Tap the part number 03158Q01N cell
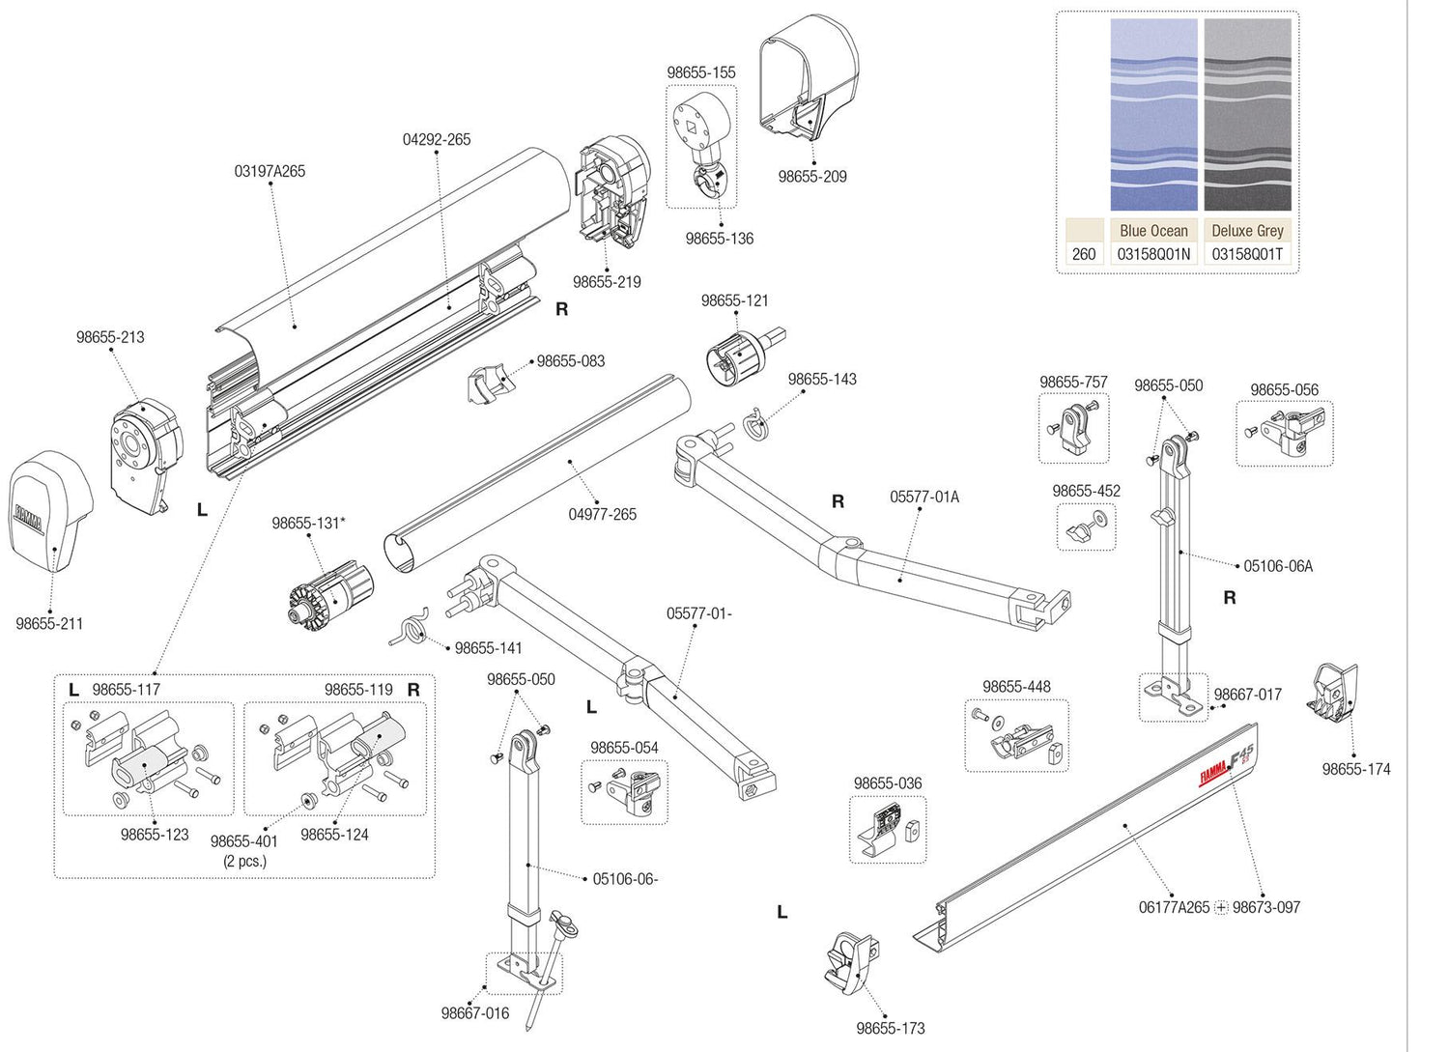point(1153,254)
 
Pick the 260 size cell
point(1084,254)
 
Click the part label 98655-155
point(700,72)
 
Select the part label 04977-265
point(602,514)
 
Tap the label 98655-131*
point(308,523)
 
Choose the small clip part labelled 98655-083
point(489,384)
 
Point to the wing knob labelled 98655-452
point(1087,526)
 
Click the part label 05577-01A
point(924,497)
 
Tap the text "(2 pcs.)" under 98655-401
point(244,861)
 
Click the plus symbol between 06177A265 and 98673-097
point(1221,907)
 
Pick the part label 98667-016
point(474,1013)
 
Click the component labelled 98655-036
point(888,830)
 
